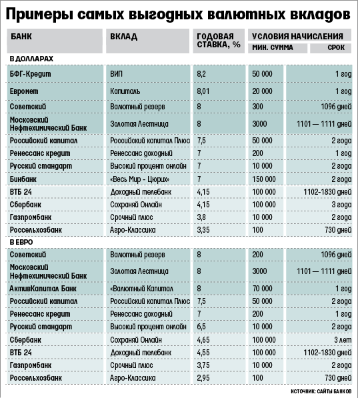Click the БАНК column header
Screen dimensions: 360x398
21,36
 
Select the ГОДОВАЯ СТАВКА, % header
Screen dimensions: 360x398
219,41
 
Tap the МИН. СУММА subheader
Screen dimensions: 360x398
273,47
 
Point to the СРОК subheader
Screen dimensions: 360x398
336,47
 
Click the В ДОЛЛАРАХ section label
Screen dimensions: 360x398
31,59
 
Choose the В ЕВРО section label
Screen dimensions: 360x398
21,242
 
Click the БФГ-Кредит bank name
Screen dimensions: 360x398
31,74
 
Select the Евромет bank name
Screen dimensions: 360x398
24,91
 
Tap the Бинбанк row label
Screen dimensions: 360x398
23,179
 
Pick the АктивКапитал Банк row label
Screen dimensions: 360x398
43,289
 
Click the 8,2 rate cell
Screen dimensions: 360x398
201,74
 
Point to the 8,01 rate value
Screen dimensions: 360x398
203,91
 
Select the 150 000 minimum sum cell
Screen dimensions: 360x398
264,179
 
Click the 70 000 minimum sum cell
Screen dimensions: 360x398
262,289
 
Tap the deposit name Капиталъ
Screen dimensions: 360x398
125,91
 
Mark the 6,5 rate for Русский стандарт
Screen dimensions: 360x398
201,327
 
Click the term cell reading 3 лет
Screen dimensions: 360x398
343,340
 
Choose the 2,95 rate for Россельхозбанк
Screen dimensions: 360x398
203,378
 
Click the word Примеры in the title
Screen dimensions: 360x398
39,15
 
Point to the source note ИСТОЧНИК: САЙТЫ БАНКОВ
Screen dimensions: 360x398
321,391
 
